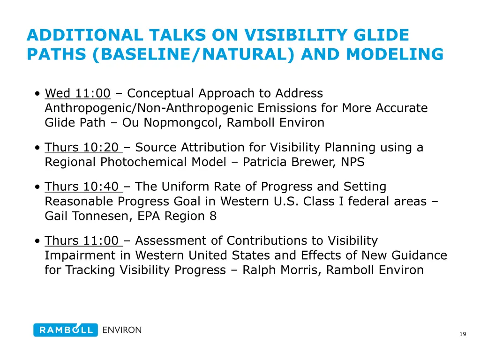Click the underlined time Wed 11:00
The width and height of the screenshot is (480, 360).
[x=77, y=94]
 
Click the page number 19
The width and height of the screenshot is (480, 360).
[x=463, y=334]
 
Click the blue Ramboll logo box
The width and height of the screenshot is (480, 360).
[x=66, y=330]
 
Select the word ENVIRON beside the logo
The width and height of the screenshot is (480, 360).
[x=122, y=330]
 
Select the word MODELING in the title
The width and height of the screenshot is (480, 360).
[x=395, y=55]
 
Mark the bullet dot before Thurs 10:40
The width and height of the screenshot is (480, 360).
[x=37, y=187]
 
